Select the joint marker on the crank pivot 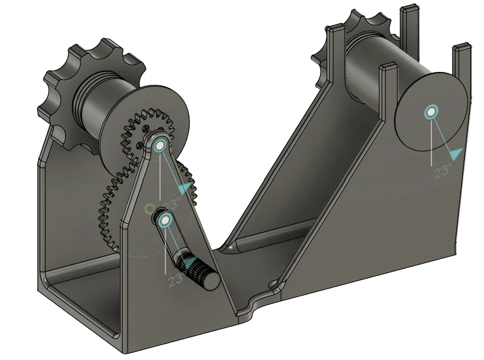[165, 220]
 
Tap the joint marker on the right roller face [431, 112]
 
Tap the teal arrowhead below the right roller [456, 154]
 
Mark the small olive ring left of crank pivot [148, 208]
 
